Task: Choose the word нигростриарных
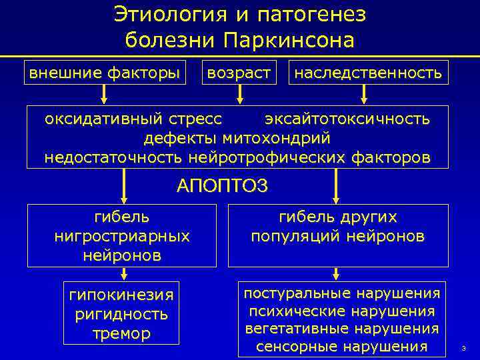122,236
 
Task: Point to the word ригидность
121,314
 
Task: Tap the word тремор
121,333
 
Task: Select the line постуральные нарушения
341,293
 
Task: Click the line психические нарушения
341,311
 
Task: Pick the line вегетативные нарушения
341,328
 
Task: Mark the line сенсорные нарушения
341,346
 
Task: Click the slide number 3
463,348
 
